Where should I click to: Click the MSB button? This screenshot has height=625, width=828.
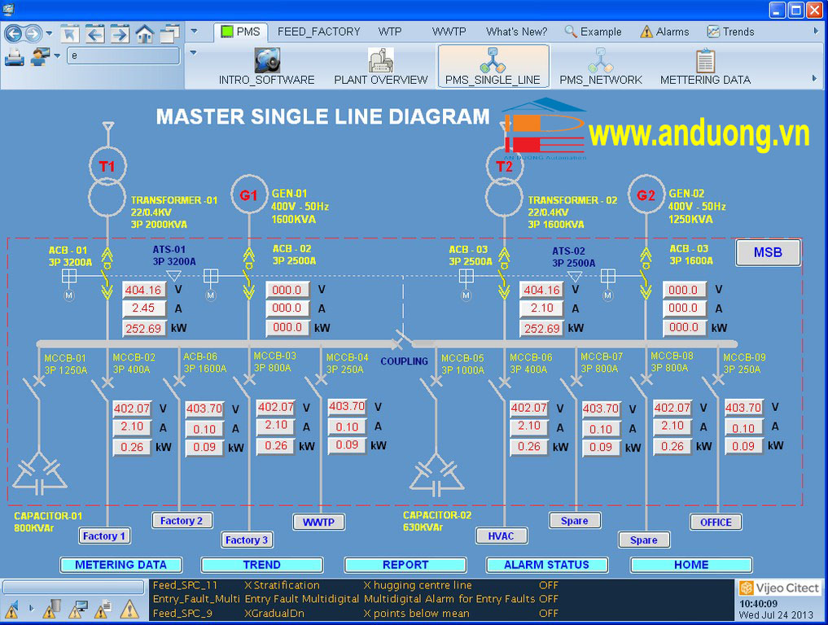(x=768, y=252)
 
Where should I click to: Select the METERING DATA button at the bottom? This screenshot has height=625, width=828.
(x=120, y=565)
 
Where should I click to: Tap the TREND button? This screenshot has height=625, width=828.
(x=261, y=565)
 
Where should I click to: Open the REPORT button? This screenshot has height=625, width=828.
(x=405, y=565)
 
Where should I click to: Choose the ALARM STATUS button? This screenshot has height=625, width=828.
(x=546, y=565)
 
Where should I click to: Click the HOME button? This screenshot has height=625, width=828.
(x=690, y=565)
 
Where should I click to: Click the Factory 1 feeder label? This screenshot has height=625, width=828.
(x=104, y=536)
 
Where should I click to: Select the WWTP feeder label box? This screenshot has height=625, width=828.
(x=319, y=522)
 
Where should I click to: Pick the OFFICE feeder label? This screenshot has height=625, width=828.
(x=716, y=522)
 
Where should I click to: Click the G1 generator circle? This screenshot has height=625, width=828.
(x=248, y=195)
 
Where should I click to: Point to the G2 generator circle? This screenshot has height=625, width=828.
(x=646, y=195)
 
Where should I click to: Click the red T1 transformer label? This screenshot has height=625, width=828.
(x=107, y=167)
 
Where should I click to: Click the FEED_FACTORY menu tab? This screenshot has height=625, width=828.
(x=318, y=32)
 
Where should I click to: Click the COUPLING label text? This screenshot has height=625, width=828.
(x=405, y=361)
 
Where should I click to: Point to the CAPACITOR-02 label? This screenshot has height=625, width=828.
(x=437, y=515)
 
